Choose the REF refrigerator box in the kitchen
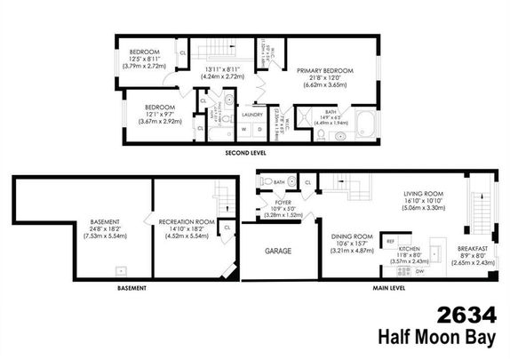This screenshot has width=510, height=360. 390,241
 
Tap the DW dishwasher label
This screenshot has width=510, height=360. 418,271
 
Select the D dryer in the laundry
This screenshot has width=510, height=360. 259,130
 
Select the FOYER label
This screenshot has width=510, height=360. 283,204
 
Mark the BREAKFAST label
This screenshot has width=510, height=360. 470,248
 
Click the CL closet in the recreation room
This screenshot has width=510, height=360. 227,228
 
